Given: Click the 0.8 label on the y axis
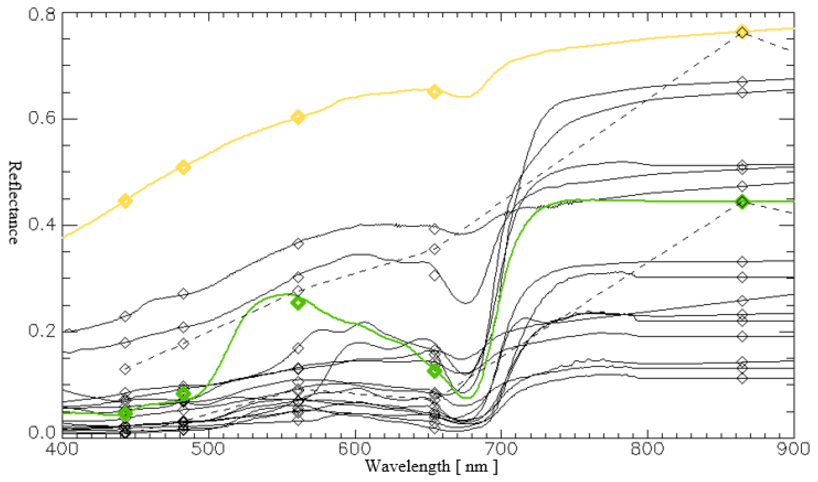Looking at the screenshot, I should [41, 14].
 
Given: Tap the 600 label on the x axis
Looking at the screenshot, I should [355, 449].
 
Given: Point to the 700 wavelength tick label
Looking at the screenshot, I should [501, 449].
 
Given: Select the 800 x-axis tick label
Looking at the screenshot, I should [647, 449].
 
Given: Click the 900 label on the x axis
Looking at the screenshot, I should [794, 449].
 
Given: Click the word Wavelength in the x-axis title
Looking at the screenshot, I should [408, 467].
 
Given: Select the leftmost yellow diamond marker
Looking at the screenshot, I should [125, 201].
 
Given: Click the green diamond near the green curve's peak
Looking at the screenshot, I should [298, 303].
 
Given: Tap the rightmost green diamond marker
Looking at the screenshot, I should [742, 202].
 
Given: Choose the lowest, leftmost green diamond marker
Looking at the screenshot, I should [125, 413].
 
